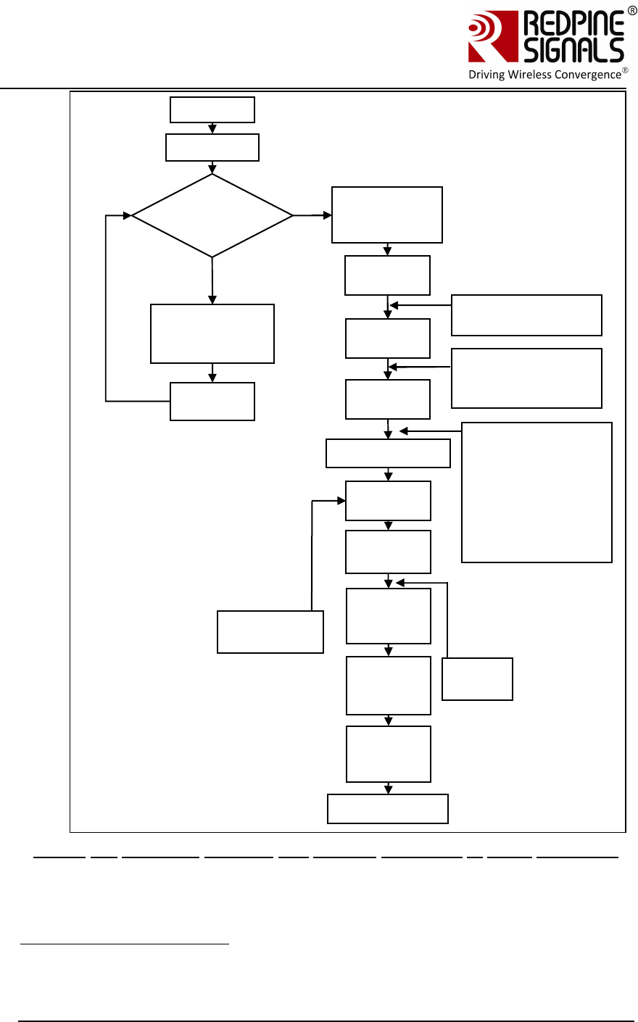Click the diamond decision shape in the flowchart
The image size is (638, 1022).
point(212,215)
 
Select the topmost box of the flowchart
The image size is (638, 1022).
point(212,110)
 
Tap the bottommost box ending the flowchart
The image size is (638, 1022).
point(388,809)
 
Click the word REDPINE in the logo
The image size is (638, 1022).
point(573,24)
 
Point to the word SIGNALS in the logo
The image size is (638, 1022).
point(573,50)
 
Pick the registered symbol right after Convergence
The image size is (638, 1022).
point(626,70)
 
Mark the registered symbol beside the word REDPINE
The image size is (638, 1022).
point(632,11)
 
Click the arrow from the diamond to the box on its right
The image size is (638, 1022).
point(312,215)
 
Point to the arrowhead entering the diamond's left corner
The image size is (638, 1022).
point(127,215)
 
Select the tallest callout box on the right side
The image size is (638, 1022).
point(536,492)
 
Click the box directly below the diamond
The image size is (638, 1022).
point(212,333)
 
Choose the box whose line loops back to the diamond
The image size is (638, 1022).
point(212,401)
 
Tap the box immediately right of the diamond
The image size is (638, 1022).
point(387,215)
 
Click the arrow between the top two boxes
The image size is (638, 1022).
point(212,128)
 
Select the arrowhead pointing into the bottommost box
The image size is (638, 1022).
point(389,789)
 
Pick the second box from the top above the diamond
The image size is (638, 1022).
point(212,147)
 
